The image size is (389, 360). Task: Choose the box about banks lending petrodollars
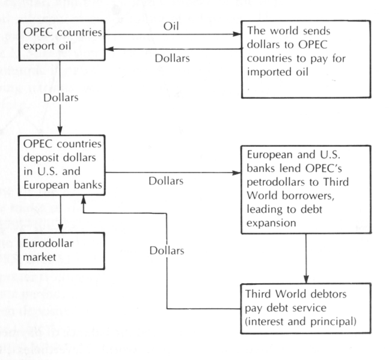306,186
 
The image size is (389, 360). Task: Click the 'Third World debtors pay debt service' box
306,306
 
